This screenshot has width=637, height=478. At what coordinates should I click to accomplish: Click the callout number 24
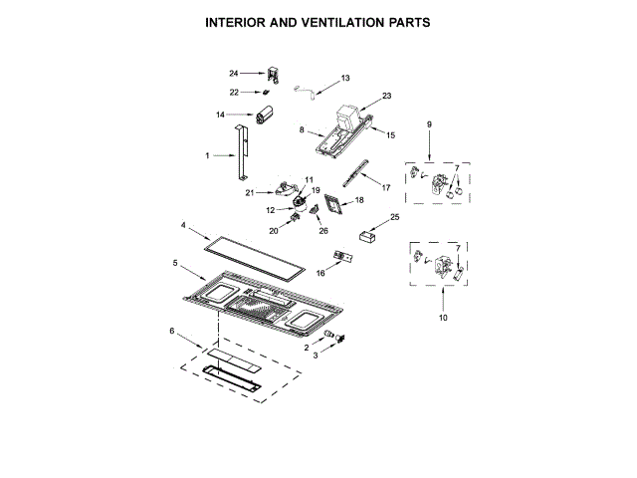[x=233, y=73]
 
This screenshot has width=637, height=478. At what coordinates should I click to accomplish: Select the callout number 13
[x=345, y=78]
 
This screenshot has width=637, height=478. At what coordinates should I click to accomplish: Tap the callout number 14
[x=221, y=115]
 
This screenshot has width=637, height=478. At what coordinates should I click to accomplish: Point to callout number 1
[x=207, y=155]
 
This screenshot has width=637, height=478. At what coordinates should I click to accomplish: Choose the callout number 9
[x=430, y=124]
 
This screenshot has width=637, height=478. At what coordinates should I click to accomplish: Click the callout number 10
[x=443, y=318]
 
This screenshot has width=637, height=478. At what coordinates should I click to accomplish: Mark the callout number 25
[x=395, y=216]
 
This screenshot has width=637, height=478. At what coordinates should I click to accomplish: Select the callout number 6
[x=171, y=330]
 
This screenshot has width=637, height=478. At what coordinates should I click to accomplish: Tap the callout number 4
[x=183, y=227]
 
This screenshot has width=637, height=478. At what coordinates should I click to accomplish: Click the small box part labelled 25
[x=365, y=238]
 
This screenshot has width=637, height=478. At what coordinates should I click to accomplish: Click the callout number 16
[x=320, y=272]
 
